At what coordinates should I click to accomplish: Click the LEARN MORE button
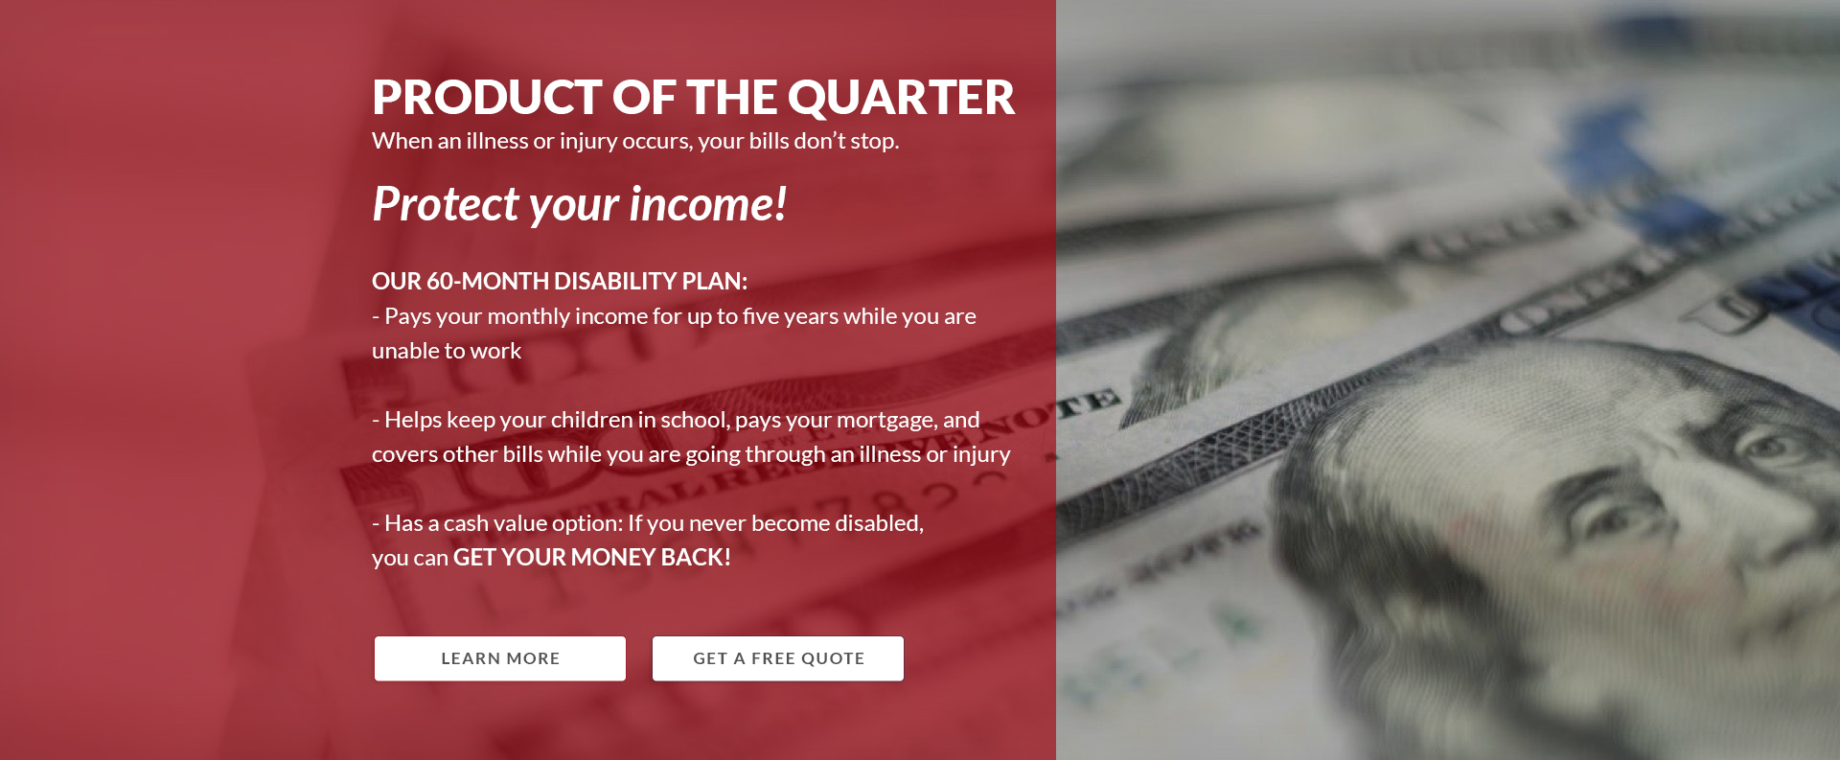click(x=500, y=658)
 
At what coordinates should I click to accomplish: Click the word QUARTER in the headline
click(x=901, y=98)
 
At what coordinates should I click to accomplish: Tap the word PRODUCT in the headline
click(x=487, y=98)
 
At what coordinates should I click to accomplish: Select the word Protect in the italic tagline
click(x=446, y=204)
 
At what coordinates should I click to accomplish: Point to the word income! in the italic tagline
click(x=708, y=204)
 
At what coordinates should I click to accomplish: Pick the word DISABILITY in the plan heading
click(x=615, y=281)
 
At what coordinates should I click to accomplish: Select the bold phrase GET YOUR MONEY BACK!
click(x=591, y=557)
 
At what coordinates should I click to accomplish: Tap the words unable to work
click(x=447, y=351)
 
